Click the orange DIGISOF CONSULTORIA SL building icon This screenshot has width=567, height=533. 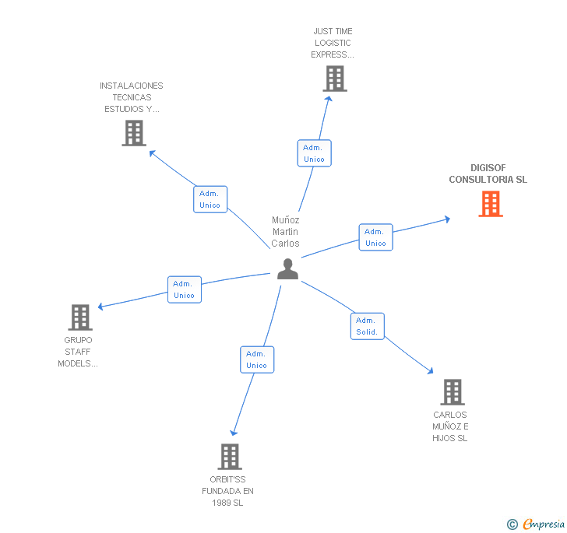(x=490, y=204)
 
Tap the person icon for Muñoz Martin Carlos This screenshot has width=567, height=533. (x=288, y=268)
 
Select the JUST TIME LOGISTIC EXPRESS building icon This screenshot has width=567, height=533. (x=334, y=79)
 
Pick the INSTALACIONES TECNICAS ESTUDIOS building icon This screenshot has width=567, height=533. (x=134, y=133)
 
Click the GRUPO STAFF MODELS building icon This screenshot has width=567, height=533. (x=80, y=317)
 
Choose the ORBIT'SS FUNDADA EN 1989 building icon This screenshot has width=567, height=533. (x=230, y=456)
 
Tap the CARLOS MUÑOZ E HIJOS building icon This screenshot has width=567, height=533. (x=453, y=392)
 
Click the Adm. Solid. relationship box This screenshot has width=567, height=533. (x=366, y=326)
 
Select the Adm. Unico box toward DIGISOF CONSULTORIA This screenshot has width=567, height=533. (x=375, y=237)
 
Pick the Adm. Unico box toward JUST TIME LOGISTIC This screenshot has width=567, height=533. (x=314, y=153)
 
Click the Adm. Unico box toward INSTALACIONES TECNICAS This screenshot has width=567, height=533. (x=210, y=199)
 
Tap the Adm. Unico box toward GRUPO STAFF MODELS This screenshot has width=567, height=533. (x=184, y=289)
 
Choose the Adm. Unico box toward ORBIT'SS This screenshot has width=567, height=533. (x=256, y=359)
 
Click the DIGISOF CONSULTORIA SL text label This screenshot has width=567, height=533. (x=488, y=174)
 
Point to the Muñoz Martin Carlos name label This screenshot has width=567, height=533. (x=285, y=232)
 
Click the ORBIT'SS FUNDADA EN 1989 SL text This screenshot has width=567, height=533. (x=227, y=491)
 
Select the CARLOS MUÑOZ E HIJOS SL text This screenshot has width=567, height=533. (x=450, y=426)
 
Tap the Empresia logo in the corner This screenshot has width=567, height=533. (x=544, y=524)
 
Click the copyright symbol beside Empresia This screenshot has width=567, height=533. (x=512, y=524)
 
